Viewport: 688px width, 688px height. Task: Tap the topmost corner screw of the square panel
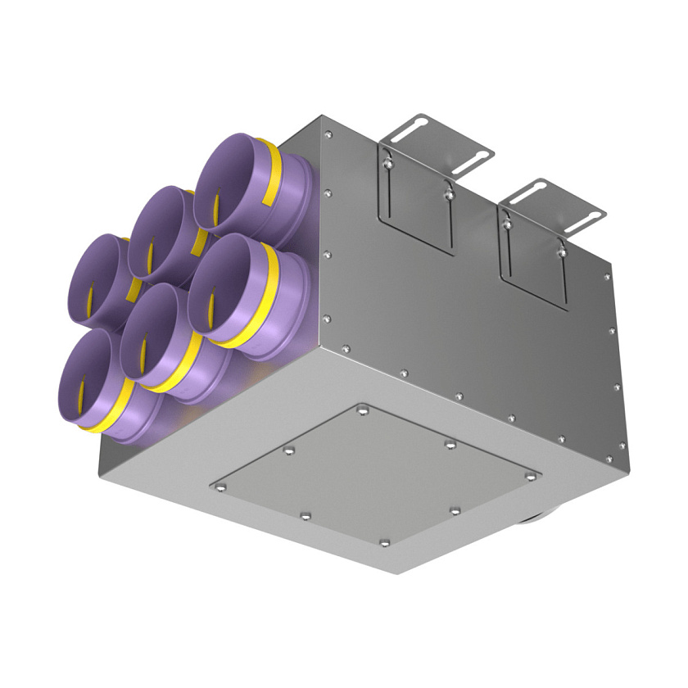tap(362, 407)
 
